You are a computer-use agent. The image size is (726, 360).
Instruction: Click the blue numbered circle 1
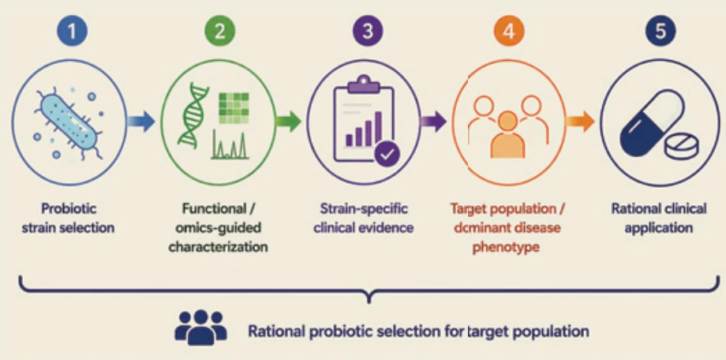point(72,31)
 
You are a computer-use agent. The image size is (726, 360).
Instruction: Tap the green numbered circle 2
point(219,31)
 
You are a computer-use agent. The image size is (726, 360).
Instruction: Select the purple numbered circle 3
point(368,31)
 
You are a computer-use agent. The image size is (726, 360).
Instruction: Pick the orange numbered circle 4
point(508,31)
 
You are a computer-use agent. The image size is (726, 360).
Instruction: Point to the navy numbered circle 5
point(661,31)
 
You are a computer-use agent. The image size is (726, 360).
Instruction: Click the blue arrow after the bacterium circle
point(141,122)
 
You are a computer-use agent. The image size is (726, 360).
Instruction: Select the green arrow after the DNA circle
point(289,122)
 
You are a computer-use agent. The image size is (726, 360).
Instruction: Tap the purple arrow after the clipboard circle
point(433,122)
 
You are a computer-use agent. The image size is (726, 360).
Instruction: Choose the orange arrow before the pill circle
point(580,122)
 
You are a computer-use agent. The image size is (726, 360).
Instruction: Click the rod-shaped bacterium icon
point(69,122)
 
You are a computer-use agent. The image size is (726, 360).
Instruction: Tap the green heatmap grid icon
point(234,107)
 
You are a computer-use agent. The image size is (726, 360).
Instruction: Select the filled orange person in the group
point(508,135)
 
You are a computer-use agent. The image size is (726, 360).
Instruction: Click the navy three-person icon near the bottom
point(201,327)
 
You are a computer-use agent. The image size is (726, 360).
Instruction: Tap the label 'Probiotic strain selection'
point(68,218)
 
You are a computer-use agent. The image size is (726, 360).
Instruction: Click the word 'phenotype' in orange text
point(506,247)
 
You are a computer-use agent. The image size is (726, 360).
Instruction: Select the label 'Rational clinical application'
point(659,218)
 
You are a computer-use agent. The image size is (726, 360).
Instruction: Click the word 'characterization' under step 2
point(218,247)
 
